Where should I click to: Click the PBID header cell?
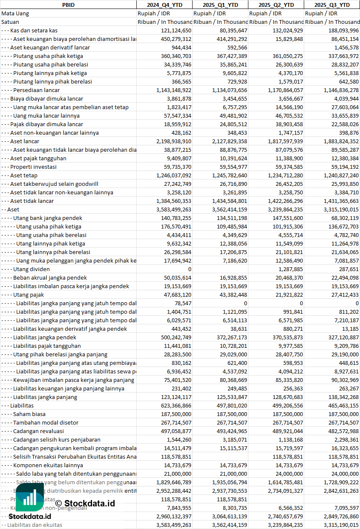[68, 5]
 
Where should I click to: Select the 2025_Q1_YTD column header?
[220, 5]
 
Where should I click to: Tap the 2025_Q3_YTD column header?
[332, 5]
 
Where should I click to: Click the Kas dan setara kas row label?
[34, 30]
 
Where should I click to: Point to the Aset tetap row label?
[24, 175]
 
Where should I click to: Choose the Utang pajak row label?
[29, 295]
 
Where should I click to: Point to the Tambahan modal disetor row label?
[46, 422]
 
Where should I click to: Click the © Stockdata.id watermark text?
[85, 503]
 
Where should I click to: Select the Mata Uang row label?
[15, 13]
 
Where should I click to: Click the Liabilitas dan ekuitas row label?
[35, 525]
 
